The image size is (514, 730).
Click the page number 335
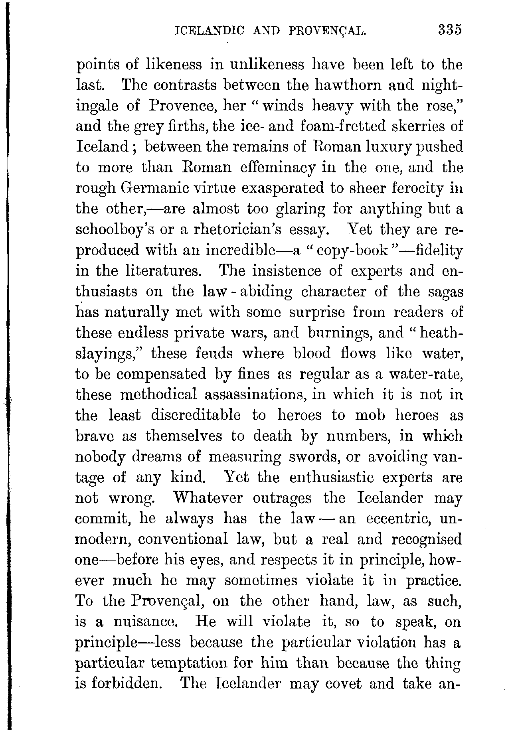pyautogui.click(x=449, y=30)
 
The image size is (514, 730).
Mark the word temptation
pyautogui.click(x=189, y=664)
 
